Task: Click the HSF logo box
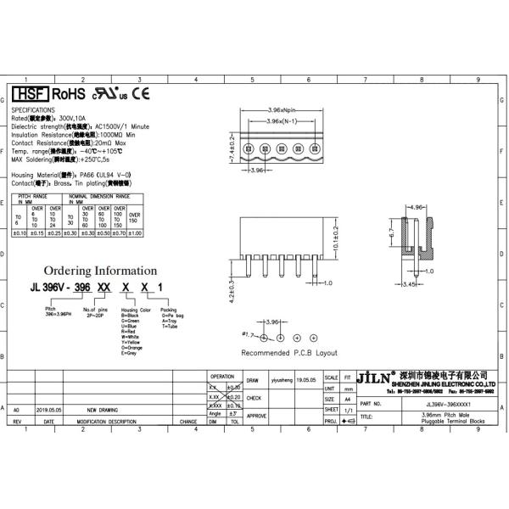click(29, 94)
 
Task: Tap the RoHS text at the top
click(68, 94)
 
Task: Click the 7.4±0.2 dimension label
click(232, 149)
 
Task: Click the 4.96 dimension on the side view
click(415, 207)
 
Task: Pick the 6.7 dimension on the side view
click(391, 232)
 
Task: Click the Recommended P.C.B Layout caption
click(289, 352)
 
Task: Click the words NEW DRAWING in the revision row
click(103, 408)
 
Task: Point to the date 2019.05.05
click(49, 408)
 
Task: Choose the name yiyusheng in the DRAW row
click(281, 381)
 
